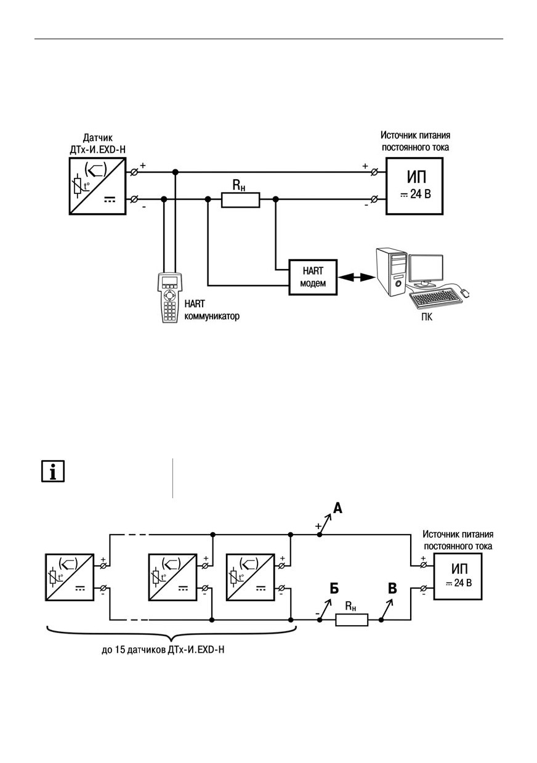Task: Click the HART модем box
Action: pyautogui.click(x=313, y=277)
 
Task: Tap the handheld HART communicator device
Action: pyautogui.click(x=171, y=297)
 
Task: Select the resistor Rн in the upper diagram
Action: pyautogui.click(x=241, y=200)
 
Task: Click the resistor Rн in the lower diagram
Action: pyautogui.click(x=352, y=620)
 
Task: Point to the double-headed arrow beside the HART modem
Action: pyautogui.click(x=357, y=278)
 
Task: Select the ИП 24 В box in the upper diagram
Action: pyautogui.click(x=414, y=186)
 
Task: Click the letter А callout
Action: pyautogui.click(x=337, y=509)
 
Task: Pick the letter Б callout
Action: pyautogui.click(x=334, y=588)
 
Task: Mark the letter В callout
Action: pyautogui.click(x=392, y=588)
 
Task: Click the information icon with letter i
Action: pyautogui.click(x=53, y=472)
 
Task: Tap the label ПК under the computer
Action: pyautogui.click(x=427, y=317)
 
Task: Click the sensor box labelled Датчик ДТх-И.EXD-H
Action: pyautogui.click(x=98, y=186)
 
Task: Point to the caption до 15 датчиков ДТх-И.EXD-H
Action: pyautogui.click(x=163, y=650)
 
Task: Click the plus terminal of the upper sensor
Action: pyautogui.click(x=134, y=172)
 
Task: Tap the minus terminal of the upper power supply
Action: pyautogui.click(x=374, y=199)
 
